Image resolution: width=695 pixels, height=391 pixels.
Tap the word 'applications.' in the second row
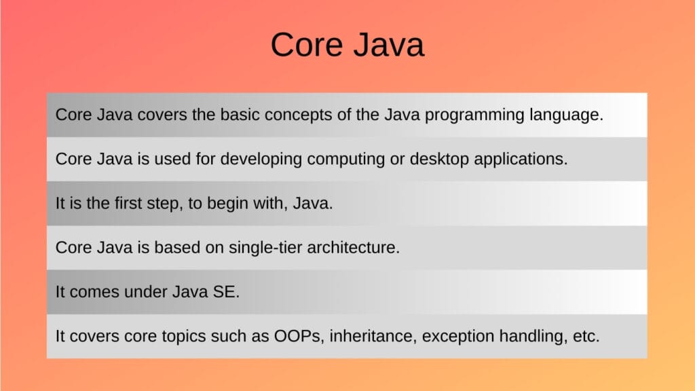516,160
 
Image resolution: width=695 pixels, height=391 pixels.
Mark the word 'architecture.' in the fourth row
353,248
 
